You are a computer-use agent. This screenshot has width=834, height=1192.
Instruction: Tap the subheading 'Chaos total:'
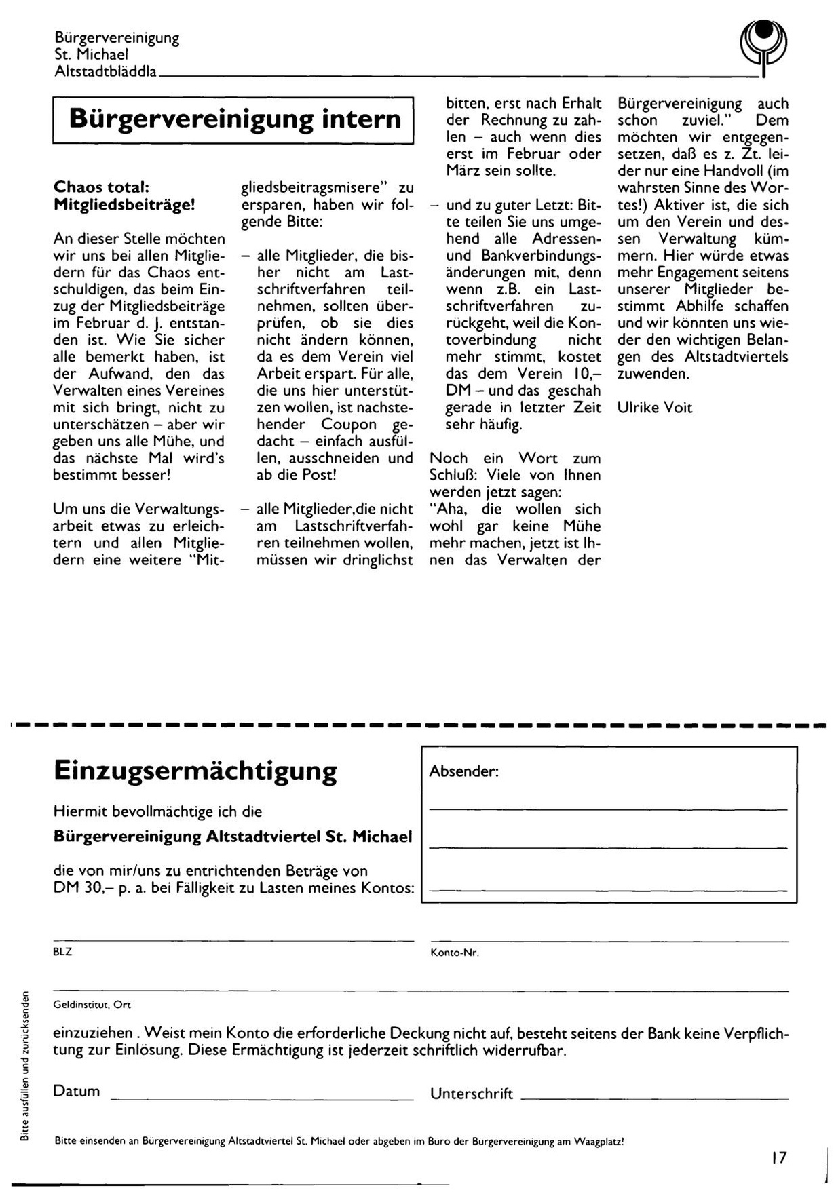pyautogui.click(x=100, y=187)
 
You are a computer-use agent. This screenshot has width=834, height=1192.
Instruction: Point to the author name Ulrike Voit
pyautogui.click(x=655, y=407)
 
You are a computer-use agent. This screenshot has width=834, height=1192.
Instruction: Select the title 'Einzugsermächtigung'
pyautogui.click(x=195, y=771)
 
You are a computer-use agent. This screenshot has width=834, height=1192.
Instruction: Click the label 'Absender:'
pyautogui.click(x=464, y=771)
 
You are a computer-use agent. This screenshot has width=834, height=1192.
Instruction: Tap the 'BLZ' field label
pyautogui.click(x=62, y=952)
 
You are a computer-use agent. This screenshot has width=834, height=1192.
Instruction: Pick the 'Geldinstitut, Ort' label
pyautogui.click(x=92, y=1004)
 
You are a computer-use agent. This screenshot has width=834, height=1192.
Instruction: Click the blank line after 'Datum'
pyautogui.click(x=261, y=1098)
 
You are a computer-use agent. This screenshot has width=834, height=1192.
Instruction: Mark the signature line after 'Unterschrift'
pyautogui.click(x=655, y=1098)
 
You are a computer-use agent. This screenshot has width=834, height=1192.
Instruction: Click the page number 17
pyautogui.click(x=778, y=1157)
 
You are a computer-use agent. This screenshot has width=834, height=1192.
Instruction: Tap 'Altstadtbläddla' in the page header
pyautogui.click(x=105, y=71)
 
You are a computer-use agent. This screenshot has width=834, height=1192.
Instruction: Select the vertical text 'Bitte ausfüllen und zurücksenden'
pyautogui.click(x=24, y=1066)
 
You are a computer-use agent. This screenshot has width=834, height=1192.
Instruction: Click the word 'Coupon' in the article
pyautogui.click(x=349, y=425)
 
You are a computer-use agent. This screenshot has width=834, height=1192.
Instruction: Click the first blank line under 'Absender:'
pyautogui.click(x=609, y=810)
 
